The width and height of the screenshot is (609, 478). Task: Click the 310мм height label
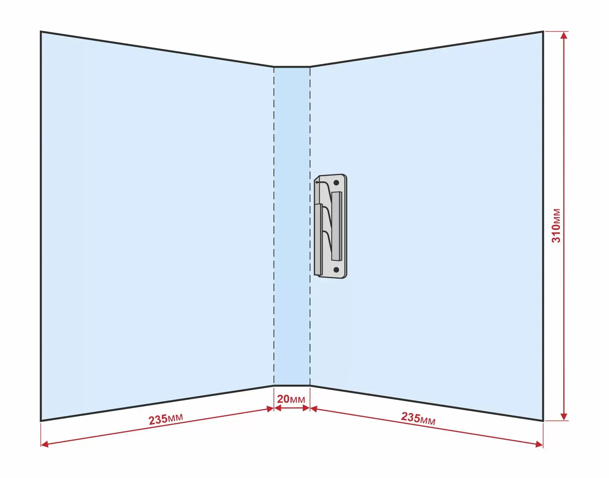point(556,226)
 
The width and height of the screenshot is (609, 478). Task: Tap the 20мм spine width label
point(291,399)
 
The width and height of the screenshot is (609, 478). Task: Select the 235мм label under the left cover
point(166,419)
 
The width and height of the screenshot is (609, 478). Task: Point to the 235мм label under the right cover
point(418,418)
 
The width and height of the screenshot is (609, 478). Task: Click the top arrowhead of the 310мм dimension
point(564,35)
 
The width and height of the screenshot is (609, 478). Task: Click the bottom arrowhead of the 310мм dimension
point(564,417)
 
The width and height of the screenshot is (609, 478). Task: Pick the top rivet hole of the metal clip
point(336,183)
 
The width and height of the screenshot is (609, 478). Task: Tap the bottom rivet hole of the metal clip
point(336,270)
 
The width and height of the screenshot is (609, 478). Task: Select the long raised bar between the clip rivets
point(337,226)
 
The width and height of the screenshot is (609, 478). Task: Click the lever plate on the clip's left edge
point(318,239)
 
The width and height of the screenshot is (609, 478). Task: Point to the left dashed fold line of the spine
point(274,226)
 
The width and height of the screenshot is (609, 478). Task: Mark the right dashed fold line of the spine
point(310,226)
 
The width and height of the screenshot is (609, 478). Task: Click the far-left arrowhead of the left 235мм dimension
point(44,445)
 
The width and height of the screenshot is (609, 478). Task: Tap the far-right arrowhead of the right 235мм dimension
point(539,445)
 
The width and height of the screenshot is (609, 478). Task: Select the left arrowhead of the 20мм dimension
point(278,408)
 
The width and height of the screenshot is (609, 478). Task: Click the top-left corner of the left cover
point(41,32)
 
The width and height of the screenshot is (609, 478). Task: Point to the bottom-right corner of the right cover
point(543,421)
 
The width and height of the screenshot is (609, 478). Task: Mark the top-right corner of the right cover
point(543,32)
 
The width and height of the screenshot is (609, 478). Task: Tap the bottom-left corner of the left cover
point(41,421)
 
